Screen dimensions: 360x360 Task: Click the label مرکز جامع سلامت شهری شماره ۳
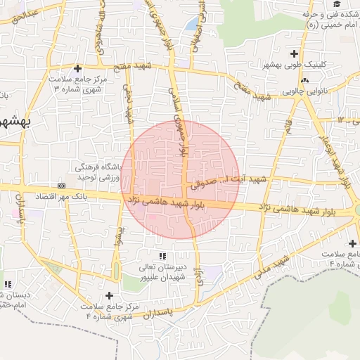79,85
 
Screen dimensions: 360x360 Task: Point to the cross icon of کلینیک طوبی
293,53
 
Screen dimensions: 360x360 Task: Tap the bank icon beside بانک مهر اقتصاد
62,186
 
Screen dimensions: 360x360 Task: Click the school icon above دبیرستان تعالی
162,256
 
